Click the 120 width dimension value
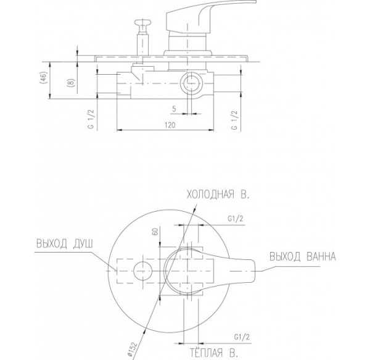click(170, 125)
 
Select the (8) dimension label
click(72, 82)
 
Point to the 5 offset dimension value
click(174, 109)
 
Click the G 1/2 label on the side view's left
click(91, 119)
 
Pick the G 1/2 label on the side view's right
click(234, 120)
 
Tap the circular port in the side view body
click(191, 83)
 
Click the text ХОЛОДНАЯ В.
click(218, 195)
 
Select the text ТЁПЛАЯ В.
click(214, 353)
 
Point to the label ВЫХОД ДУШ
click(65, 244)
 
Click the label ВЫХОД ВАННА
click(303, 256)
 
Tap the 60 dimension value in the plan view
click(155, 232)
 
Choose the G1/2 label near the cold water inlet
click(236, 219)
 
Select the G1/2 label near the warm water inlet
click(242, 337)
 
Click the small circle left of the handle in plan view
click(143, 271)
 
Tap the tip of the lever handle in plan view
click(255, 271)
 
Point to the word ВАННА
click(321, 256)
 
